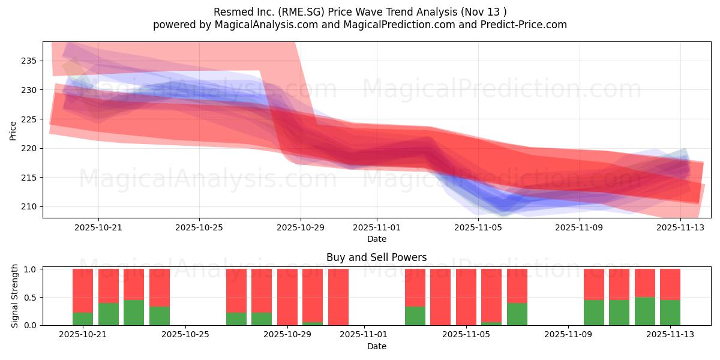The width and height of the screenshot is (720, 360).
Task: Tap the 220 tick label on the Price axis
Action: [x=28, y=148]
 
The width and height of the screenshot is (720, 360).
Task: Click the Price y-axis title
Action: [x=13, y=130]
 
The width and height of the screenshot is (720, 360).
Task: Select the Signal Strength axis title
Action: [x=15, y=296]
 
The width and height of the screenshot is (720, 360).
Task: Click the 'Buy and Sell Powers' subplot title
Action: [x=376, y=257]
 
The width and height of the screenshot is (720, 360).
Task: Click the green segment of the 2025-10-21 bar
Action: [x=83, y=319]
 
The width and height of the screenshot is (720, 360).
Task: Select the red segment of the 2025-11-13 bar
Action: [x=670, y=284]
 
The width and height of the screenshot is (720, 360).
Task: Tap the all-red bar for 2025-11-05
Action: [x=466, y=297]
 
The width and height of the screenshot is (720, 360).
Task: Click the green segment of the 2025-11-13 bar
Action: [x=670, y=312]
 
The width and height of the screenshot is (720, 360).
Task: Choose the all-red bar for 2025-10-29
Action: [x=287, y=297]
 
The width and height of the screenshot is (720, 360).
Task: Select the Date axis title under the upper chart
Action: [x=376, y=239]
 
